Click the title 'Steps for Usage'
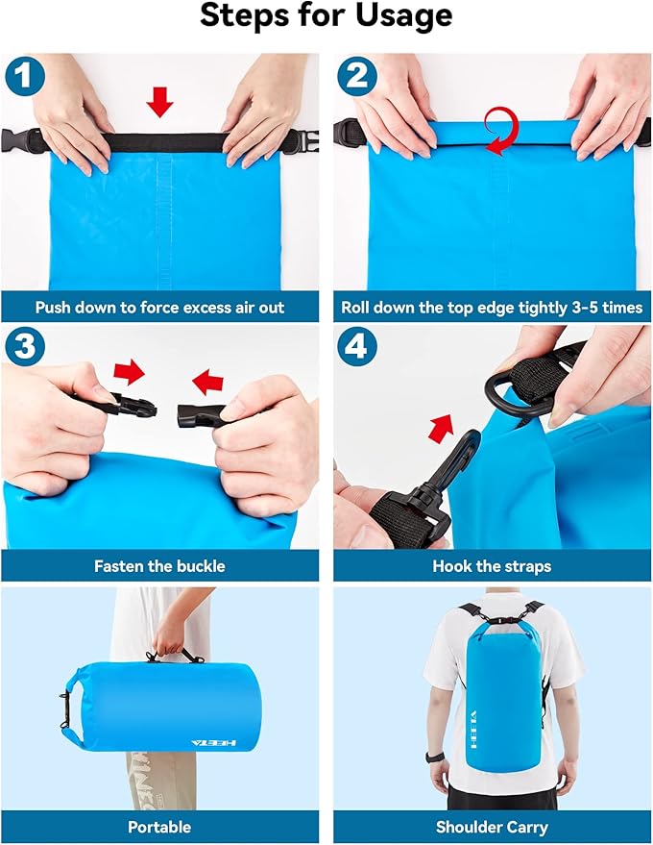[326, 17]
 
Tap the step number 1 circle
[26, 77]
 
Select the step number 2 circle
[358, 77]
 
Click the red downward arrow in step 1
[160, 101]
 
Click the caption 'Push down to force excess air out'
[160, 309]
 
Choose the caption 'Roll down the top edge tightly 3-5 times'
[492, 309]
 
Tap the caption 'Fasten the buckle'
[160, 566]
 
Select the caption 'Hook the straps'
[492, 566]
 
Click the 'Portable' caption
[160, 827]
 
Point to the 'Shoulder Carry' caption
[492, 827]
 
